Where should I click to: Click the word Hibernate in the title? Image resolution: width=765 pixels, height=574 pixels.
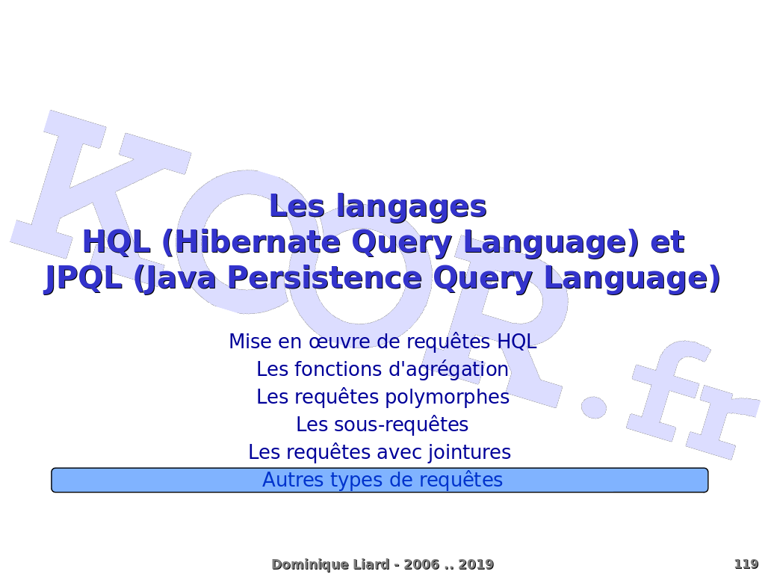coord(258,242)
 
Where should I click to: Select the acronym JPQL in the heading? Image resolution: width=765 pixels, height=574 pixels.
coord(83,278)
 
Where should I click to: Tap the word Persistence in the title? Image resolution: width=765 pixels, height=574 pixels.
coord(324,278)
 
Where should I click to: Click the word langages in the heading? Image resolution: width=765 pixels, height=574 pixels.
coord(412,207)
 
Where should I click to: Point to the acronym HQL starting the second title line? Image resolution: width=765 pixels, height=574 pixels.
coord(117,242)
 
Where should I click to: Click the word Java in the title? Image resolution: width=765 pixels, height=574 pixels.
coord(175,279)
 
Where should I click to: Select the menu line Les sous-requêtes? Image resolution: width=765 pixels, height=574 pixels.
coord(382,425)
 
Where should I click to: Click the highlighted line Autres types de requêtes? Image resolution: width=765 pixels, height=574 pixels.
coord(382,480)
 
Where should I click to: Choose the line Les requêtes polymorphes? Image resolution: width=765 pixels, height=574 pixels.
coord(383,397)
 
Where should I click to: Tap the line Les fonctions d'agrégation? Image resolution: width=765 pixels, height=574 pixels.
coord(382,369)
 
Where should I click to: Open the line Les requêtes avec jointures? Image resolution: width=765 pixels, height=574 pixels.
coord(380,452)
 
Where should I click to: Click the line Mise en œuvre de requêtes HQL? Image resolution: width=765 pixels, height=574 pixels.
coord(382,341)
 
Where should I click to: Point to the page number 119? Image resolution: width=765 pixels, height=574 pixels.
coord(746,564)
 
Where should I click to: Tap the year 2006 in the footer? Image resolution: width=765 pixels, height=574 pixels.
coord(422,565)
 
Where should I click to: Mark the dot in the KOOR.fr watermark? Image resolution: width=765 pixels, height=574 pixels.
coord(593,406)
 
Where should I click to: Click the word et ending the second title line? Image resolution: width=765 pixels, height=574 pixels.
coord(668,243)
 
